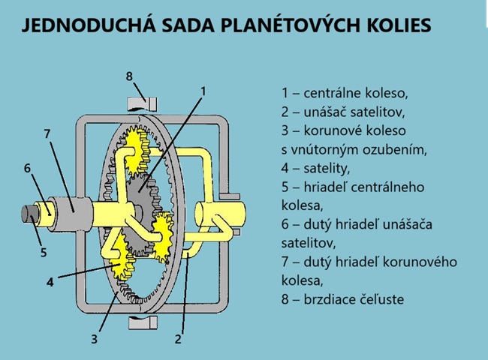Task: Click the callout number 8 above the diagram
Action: point(129,76)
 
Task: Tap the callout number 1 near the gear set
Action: point(202,91)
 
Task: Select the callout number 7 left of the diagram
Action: point(47,134)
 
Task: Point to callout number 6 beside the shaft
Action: point(27,168)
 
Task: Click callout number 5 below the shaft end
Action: point(43,253)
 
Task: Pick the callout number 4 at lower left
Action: point(50,283)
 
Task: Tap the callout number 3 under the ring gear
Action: point(94,339)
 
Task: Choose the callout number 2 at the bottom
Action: point(178,339)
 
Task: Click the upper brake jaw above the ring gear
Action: point(140,103)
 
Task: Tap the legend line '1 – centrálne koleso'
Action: point(345,94)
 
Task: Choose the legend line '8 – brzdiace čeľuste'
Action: point(342,299)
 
